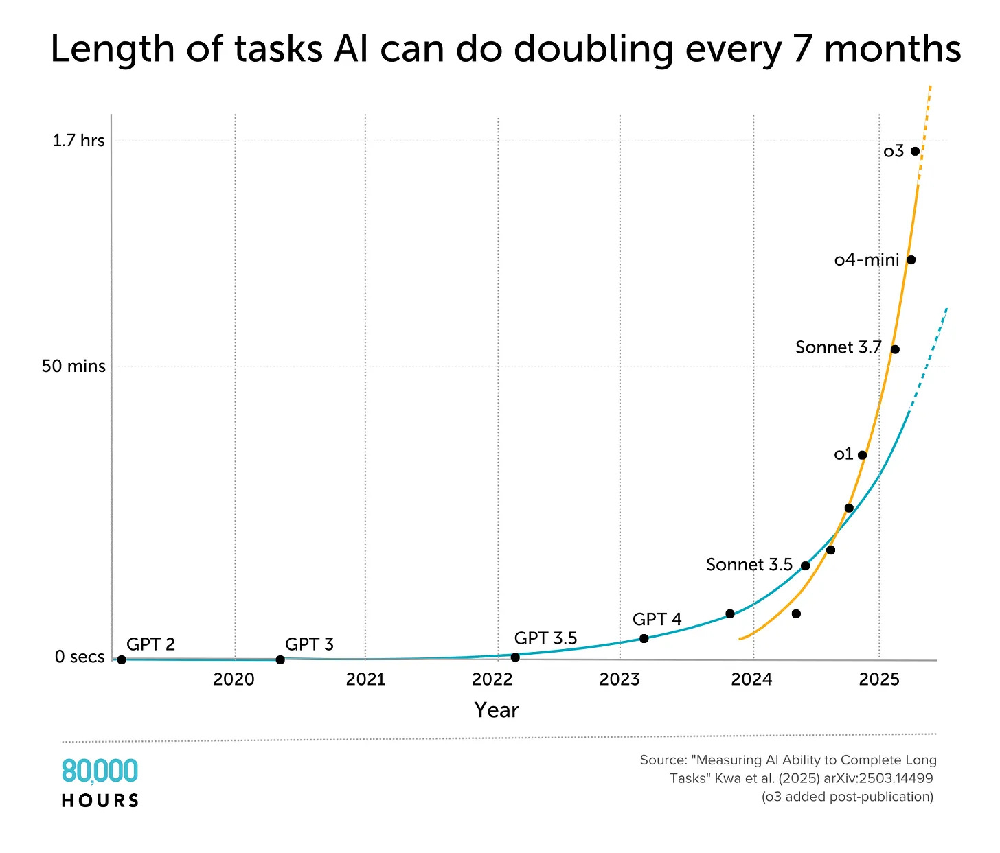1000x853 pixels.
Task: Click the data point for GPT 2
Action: [122, 659]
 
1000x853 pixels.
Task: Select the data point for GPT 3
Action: [280, 659]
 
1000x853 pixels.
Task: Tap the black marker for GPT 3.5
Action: [515, 657]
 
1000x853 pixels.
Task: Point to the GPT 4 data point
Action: [644, 638]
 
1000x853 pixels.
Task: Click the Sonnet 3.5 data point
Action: [805, 565]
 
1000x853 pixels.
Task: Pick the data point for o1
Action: [862, 455]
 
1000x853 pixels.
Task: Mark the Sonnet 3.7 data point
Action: [894, 349]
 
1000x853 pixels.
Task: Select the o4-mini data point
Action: [911, 259]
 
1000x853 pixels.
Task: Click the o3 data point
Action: [915, 151]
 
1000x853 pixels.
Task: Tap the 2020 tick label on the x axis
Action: [234, 679]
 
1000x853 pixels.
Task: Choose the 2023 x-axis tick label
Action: [620, 679]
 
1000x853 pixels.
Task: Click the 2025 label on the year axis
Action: [879, 679]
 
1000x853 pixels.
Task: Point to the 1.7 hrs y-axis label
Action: [79, 141]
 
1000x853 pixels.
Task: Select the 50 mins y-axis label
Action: [73, 366]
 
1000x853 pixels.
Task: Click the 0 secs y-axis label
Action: [80, 657]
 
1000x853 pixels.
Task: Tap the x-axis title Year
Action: [496, 710]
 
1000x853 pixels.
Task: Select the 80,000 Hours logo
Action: [100, 782]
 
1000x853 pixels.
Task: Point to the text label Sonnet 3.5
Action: [749, 565]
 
